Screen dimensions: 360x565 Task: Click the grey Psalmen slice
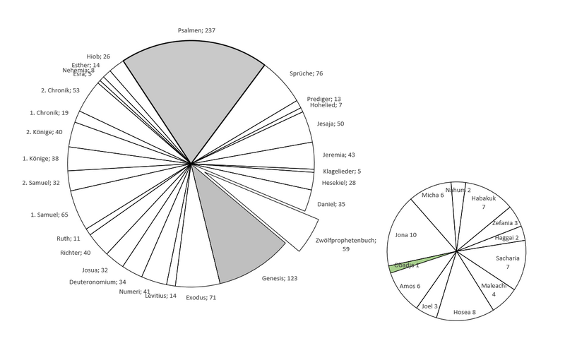[x=194, y=85]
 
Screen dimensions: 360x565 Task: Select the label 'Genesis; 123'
[x=280, y=278]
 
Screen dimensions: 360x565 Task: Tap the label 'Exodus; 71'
[x=201, y=297]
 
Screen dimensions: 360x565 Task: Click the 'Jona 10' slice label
[x=405, y=234]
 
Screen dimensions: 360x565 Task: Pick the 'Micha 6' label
[x=432, y=195]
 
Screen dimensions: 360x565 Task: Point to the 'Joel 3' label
[x=429, y=306]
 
